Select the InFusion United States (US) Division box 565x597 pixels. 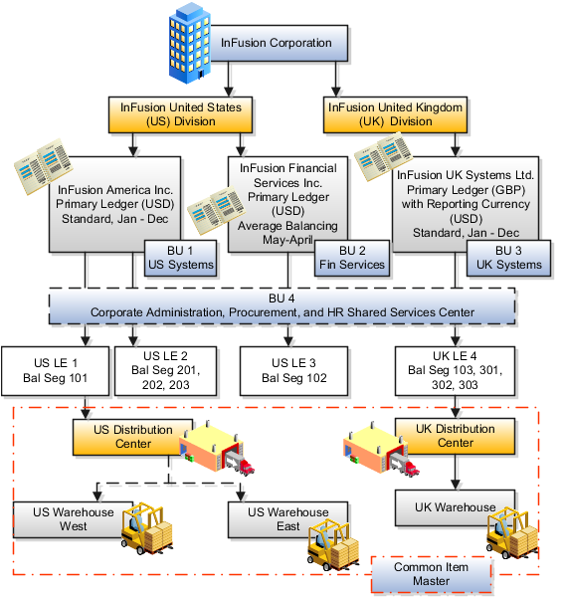pyautogui.click(x=181, y=113)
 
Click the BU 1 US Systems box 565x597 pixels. pyautogui.click(x=180, y=257)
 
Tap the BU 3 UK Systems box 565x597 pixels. pyautogui.click(x=506, y=257)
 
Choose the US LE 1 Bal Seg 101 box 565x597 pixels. pyautogui.click(x=54, y=369)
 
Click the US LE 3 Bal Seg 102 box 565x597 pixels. pyautogui.click(x=282, y=369)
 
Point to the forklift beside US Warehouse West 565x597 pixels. pyautogui.click(x=142, y=526)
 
